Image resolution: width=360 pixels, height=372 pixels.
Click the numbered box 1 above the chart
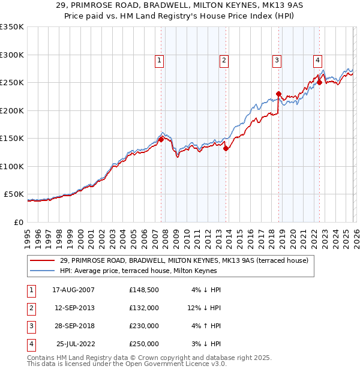point(160,60)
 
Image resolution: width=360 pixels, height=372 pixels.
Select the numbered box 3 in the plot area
point(277,60)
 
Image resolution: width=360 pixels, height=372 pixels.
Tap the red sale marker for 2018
point(279,94)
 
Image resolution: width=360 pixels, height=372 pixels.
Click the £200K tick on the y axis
point(12,110)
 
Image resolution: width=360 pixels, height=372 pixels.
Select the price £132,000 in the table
point(144,308)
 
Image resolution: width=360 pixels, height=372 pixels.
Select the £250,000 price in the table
point(144,344)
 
